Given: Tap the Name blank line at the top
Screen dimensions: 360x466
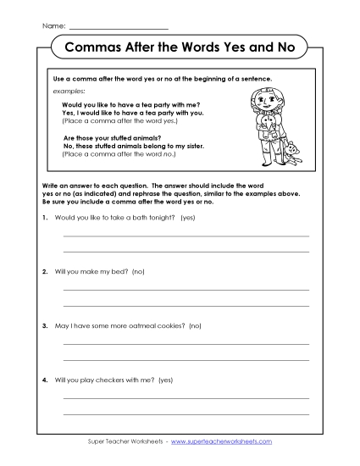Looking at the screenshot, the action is (118, 27).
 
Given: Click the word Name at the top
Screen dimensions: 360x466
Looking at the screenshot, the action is (53, 25).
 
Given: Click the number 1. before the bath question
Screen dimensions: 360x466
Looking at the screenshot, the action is (43, 218).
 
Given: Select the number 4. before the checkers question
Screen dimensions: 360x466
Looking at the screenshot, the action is (43, 380).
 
